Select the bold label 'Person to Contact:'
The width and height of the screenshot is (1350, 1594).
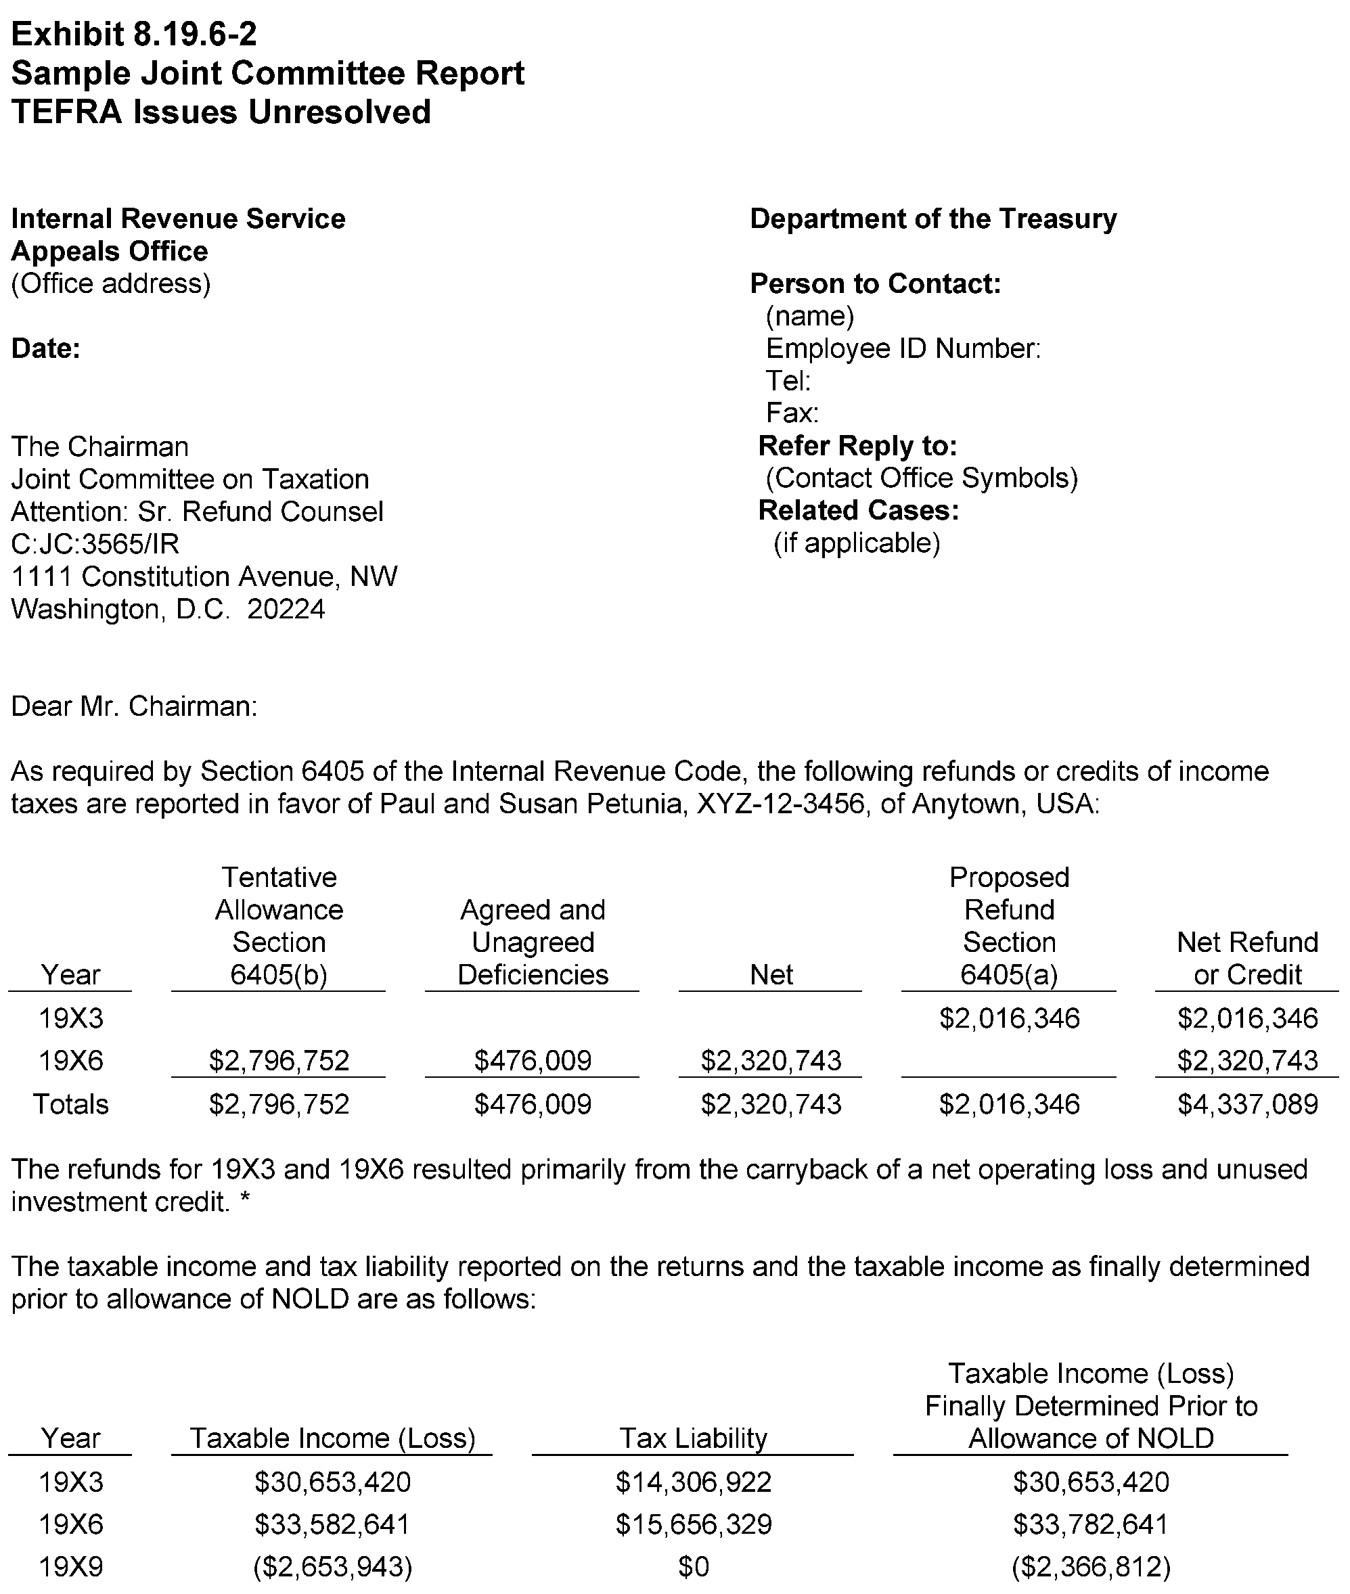tap(875, 284)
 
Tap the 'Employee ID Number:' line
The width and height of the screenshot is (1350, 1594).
tap(903, 349)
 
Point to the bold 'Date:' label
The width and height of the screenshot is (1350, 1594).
tap(46, 349)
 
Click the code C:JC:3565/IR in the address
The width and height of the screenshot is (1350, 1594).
tap(95, 544)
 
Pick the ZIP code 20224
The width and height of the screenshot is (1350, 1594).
tap(286, 609)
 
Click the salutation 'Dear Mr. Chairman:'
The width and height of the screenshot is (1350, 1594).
tap(134, 706)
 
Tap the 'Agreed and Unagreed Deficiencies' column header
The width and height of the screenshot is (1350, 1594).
tap(533, 942)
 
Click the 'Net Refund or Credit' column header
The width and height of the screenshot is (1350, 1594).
tap(1246, 958)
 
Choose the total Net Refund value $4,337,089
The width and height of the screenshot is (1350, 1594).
tap(1246, 1104)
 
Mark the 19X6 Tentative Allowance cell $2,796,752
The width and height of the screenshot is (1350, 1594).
tap(279, 1061)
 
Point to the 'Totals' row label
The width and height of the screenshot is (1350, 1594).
tap(70, 1104)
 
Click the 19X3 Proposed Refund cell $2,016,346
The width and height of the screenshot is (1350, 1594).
tap(1009, 1018)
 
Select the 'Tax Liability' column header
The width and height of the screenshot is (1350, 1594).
tap(693, 1438)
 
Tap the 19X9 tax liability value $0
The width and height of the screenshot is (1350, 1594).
tap(694, 1567)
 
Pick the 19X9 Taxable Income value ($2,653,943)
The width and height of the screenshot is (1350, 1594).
tap(332, 1567)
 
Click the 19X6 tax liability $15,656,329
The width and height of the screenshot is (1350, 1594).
tap(694, 1524)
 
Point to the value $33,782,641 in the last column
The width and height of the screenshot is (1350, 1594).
tap(1091, 1524)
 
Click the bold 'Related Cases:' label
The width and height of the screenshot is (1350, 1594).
tap(858, 510)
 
